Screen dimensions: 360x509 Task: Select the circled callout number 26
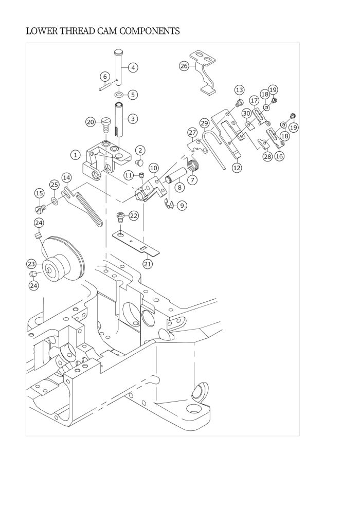[x=184, y=66]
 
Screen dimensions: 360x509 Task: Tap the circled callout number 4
[x=133, y=67]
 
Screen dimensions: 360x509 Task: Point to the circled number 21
[x=148, y=264]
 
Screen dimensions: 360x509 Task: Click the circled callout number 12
[x=237, y=168]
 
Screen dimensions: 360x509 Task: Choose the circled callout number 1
[x=75, y=155]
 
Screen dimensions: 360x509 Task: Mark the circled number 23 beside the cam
[x=31, y=264]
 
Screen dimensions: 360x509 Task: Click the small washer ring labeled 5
[x=119, y=95]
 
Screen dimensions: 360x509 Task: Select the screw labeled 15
[x=41, y=209]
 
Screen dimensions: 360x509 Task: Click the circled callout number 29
[x=204, y=123]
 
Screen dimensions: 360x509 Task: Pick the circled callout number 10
[x=154, y=168]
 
